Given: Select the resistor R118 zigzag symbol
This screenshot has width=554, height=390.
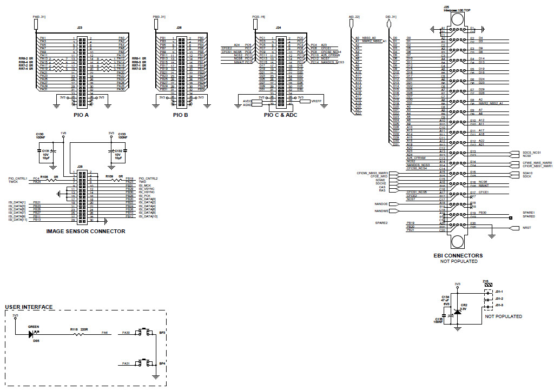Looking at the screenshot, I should coord(78,334).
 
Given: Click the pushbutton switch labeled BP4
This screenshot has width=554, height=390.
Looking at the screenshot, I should coord(144,362).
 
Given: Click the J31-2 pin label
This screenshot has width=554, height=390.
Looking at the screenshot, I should coord(499,299).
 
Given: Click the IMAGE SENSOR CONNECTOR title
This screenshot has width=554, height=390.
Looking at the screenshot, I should coord(86,232).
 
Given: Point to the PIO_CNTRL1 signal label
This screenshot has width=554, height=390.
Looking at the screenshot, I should coord(18,178).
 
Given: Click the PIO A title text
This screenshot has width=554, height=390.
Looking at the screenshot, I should coord(81,115).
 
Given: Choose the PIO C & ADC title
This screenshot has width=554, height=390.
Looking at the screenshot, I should coord(281,115).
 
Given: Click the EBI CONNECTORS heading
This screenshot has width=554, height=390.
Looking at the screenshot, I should coord(458,255).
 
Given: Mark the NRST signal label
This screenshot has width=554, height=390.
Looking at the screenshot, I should coord(526,228).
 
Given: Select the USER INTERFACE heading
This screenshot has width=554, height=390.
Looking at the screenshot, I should coord(29,307).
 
